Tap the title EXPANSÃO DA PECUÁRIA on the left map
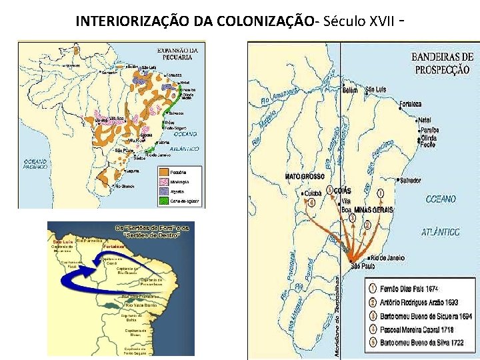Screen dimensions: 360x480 tap(177, 53)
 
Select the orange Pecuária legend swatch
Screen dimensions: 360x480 tap(163, 172)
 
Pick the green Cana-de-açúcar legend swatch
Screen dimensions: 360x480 tap(163, 200)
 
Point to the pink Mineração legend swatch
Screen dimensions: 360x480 tap(163, 181)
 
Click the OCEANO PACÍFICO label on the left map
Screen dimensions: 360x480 tap(35, 164)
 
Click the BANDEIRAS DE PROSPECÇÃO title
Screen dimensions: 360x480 tap(441, 63)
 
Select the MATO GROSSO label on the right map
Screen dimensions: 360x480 tap(305, 177)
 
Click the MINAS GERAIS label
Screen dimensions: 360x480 tap(373, 209)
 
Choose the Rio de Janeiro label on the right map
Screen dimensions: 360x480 tap(391, 257)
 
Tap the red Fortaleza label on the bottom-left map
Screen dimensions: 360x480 tap(112, 246)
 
